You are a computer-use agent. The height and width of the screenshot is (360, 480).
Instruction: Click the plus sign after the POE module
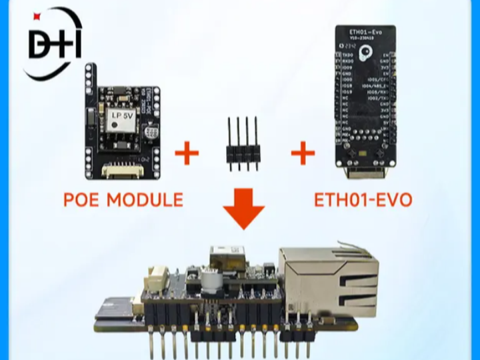(187, 154)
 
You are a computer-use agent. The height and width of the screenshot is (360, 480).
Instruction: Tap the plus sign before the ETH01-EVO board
(303, 154)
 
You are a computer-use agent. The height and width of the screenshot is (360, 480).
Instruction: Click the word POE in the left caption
(82, 199)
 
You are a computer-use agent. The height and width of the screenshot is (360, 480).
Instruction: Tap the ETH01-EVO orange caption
(363, 199)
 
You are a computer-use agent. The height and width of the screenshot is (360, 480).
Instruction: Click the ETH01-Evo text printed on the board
(363, 31)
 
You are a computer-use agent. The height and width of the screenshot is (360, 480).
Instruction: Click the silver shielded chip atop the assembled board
(225, 256)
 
